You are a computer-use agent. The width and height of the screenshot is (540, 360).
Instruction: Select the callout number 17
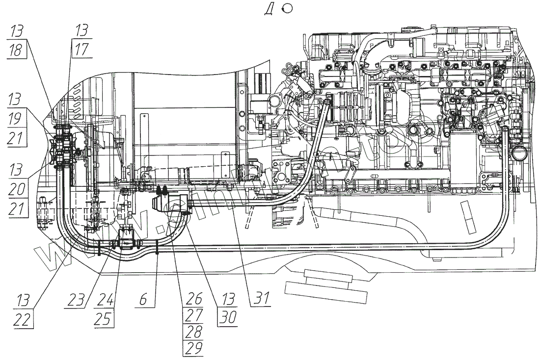[x=81, y=50]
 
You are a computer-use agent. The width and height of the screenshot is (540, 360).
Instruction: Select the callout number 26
[x=192, y=299]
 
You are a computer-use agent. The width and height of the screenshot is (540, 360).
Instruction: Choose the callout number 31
[x=261, y=299]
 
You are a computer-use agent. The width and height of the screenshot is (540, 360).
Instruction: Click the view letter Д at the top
[x=269, y=10]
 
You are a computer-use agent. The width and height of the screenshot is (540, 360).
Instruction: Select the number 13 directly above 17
[x=81, y=30]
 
